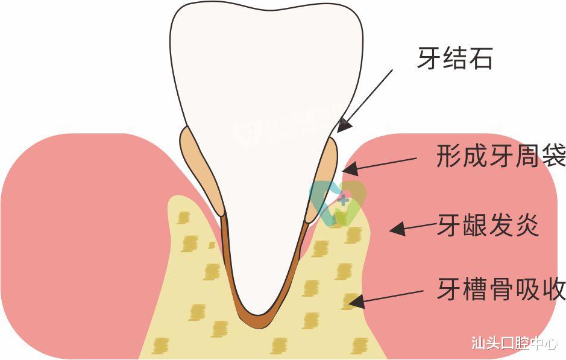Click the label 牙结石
click(454, 58)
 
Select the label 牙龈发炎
click(488, 227)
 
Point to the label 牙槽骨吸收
click(501, 289)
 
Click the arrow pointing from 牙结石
click(365, 99)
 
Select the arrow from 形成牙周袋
click(379, 164)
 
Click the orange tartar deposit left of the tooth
click(201, 169)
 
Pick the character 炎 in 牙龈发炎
click(526, 227)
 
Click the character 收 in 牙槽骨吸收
click(553, 289)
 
